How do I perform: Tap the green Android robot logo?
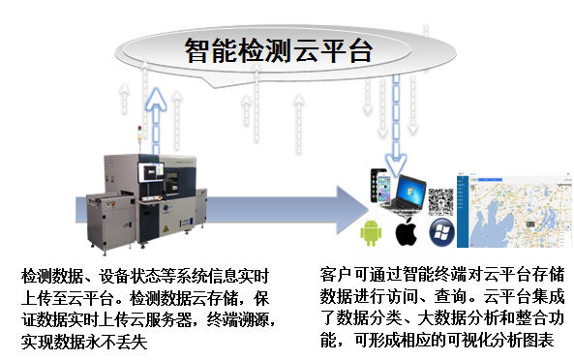(x=369, y=233)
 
